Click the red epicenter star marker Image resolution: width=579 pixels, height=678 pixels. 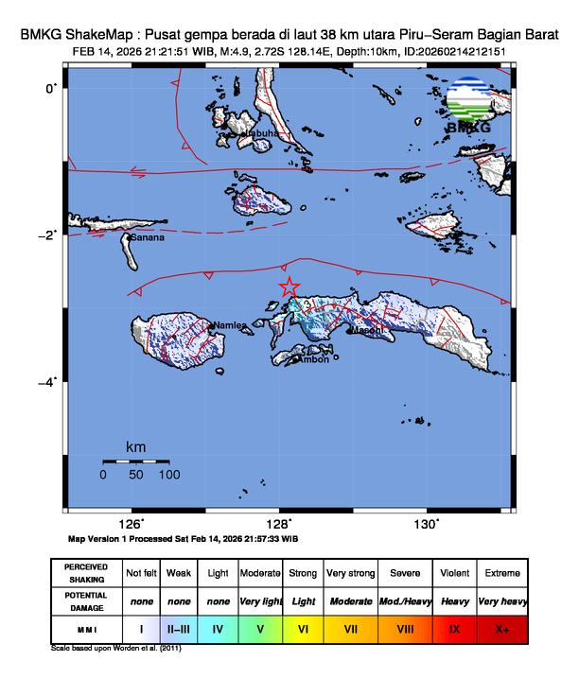[x=289, y=287]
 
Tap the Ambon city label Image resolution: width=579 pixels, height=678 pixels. [x=314, y=358]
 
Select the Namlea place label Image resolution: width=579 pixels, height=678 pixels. [x=229, y=325]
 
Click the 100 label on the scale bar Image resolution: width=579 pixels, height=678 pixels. [x=169, y=475]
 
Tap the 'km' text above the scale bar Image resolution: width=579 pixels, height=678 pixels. [x=136, y=446]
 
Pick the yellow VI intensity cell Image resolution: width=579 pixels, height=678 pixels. [x=303, y=627]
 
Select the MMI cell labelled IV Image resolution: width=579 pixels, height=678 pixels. [x=218, y=627]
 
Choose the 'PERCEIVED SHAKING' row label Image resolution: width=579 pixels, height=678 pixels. [x=86, y=573]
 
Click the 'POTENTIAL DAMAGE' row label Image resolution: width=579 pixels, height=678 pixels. [x=86, y=600]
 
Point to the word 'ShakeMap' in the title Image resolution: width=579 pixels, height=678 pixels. [x=105, y=33]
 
